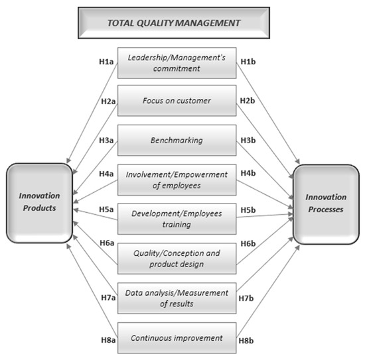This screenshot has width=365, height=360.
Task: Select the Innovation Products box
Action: (38, 200)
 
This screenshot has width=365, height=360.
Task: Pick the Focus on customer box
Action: (177, 101)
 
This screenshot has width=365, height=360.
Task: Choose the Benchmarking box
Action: (177, 141)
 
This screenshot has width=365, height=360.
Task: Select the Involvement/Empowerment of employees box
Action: (177, 180)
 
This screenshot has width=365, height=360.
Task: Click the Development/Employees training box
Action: (177, 219)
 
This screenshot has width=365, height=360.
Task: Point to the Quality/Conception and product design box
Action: (177, 259)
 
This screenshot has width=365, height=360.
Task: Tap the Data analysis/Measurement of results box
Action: (177, 298)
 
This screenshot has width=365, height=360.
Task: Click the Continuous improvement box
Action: (177, 337)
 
